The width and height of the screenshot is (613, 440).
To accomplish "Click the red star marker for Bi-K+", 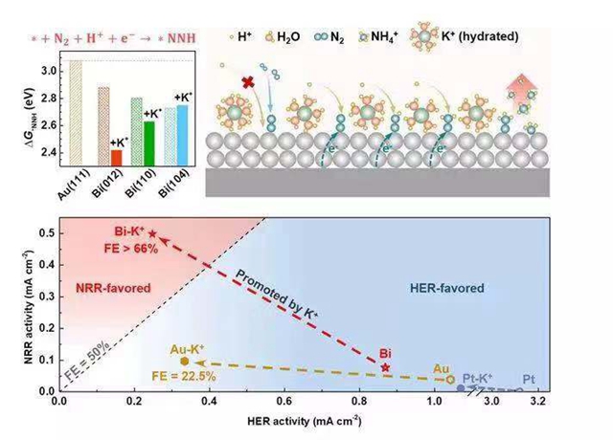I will (x=152, y=234).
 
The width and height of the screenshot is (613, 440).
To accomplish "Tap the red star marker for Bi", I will (x=386, y=367).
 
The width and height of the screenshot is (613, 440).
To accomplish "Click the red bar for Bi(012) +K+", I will (x=117, y=158).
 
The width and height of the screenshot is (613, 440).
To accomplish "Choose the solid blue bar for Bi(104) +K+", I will (x=183, y=136).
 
